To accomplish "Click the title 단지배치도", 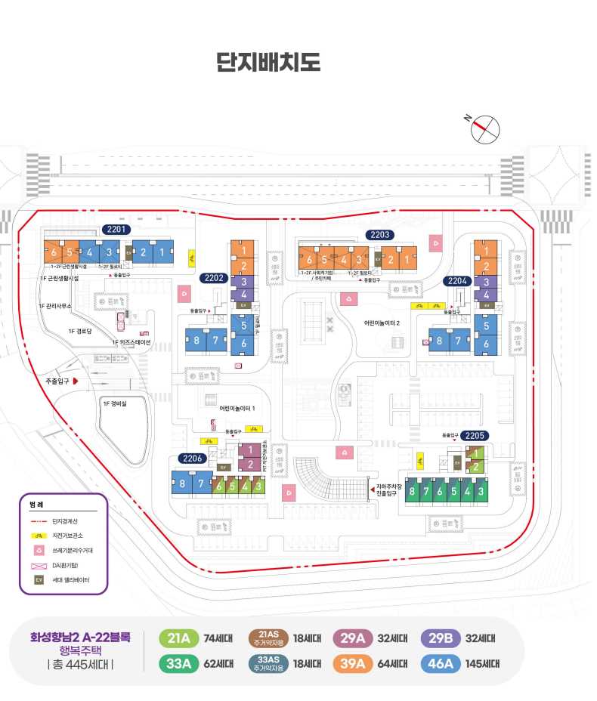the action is (x=268, y=61).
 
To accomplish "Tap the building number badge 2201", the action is (x=118, y=230).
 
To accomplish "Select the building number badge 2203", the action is (x=379, y=235).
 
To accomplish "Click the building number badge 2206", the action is (x=193, y=459).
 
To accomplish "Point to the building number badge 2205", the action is (x=475, y=436).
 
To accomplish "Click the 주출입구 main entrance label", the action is (x=57, y=381).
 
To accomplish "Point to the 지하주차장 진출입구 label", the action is (x=391, y=490).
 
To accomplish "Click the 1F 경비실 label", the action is (x=115, y=403).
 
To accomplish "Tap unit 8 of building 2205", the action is (x=413, y=492).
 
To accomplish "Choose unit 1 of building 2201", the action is (x=162, y=252).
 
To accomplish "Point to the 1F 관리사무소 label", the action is (x=55, y=306).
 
